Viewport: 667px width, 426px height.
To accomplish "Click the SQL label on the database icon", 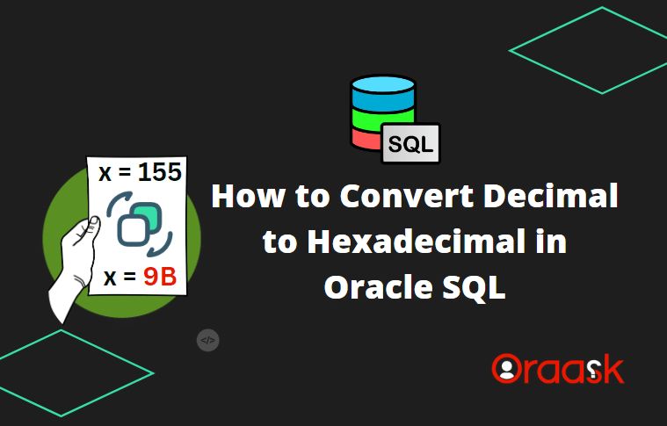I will click(x=410, y=144).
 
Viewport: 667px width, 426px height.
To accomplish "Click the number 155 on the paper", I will click(x=159, y=172).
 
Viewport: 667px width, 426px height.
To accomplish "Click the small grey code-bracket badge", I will click(x=207, y=341).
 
